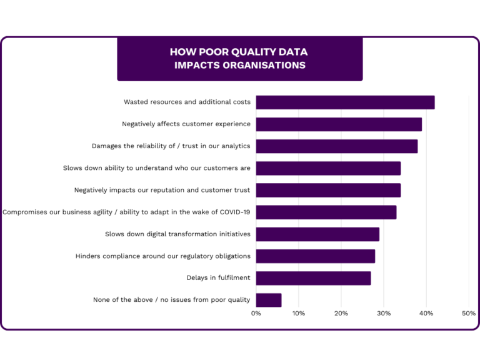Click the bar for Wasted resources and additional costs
[x=345, y=102]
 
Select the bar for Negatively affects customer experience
[x=339, y=124]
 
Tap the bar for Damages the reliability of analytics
[x=336, y=146]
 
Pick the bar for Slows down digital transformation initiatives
[x=317, y=234]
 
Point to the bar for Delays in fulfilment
[x=313, y=278]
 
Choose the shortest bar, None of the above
[x=269, y=300]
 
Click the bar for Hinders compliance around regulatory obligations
[x=315, y=256]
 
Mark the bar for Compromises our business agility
[x=326, y=212]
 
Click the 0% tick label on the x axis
[x=256, y=313]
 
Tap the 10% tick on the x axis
[x=299, y=313]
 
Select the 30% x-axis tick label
[x=384, y=313]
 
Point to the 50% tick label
[x=469, y=313]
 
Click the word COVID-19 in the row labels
[x=235, y=212]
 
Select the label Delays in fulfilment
[x=218, y=278]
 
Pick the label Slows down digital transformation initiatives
[x=177, y=234]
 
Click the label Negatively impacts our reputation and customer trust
[x=162, y=190]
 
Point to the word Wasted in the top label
[x=136, y=102]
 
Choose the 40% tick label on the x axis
[x=426, y=313]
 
